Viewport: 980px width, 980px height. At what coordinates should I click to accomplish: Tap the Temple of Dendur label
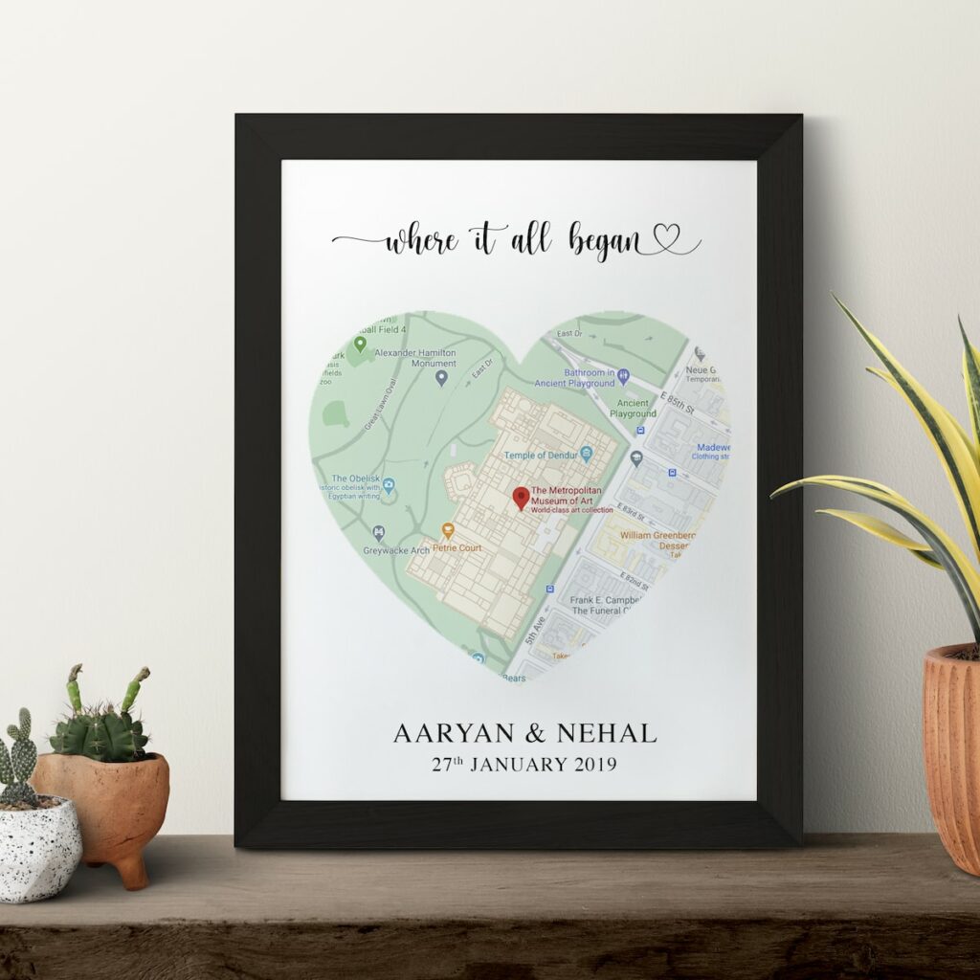(x=541, y=456)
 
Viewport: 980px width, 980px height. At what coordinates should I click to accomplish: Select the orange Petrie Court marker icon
(x=447, y=531)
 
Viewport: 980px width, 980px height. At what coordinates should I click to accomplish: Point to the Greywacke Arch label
(x=396, y=550)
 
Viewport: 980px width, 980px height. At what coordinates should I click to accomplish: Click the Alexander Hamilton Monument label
(x=415, y=357)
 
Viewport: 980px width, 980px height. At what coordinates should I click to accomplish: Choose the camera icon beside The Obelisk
(x=389, y=485)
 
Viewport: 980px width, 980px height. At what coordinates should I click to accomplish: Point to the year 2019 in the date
(x=594, y=765)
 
